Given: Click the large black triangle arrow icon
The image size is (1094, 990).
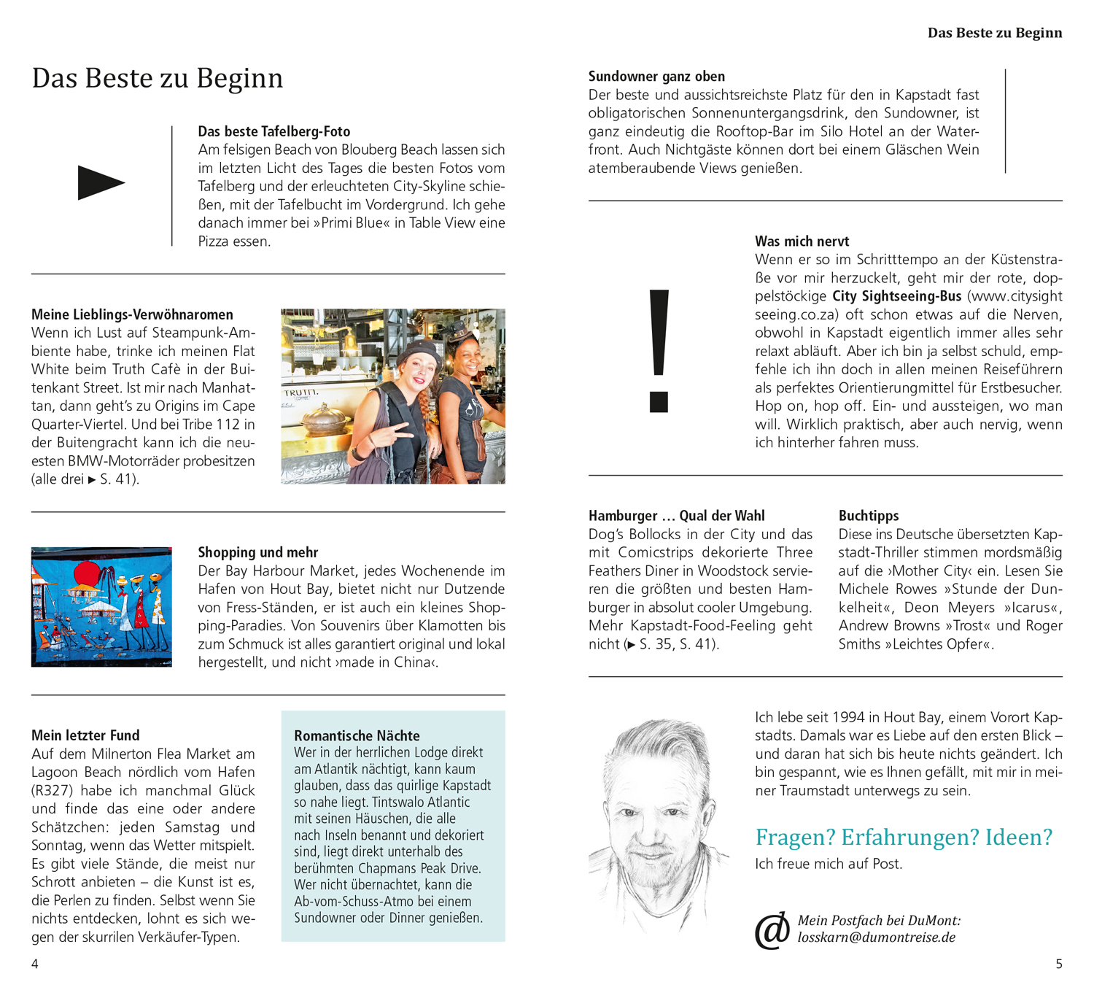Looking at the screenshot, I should click(x=100, y=182).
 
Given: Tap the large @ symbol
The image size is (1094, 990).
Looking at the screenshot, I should click(x=772, y=930).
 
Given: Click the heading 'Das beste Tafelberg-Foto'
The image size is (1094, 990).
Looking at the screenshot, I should click(x=274, y=131).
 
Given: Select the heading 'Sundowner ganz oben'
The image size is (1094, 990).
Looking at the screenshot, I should click(x=656, y=77).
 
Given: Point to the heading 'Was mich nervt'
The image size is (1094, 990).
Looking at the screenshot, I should click(x=802, y=241).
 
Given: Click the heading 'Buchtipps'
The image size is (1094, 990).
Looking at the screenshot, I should click(x=868, y=516).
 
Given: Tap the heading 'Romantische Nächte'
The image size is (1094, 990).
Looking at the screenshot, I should click(x=357, y=735).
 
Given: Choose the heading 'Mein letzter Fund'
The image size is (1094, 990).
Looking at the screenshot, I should click(x=85, y=735).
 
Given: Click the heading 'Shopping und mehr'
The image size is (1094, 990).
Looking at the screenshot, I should click(x=258, y=552).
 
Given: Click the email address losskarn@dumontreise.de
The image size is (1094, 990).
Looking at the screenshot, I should click(x=876, y=937).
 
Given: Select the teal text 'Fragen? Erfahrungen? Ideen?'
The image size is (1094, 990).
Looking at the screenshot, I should click(x=904, y=837).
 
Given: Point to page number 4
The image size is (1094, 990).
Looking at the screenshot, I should click(x=35, y=964).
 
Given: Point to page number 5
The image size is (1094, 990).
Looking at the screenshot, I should click(x=1059, y=964).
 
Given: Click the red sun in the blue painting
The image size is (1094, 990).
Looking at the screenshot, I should click(x=86, y=573).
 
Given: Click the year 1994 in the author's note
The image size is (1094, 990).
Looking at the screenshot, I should click(x=847, y=717).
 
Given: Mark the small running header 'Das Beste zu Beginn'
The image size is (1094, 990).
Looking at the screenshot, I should click(x=994, y=33).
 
